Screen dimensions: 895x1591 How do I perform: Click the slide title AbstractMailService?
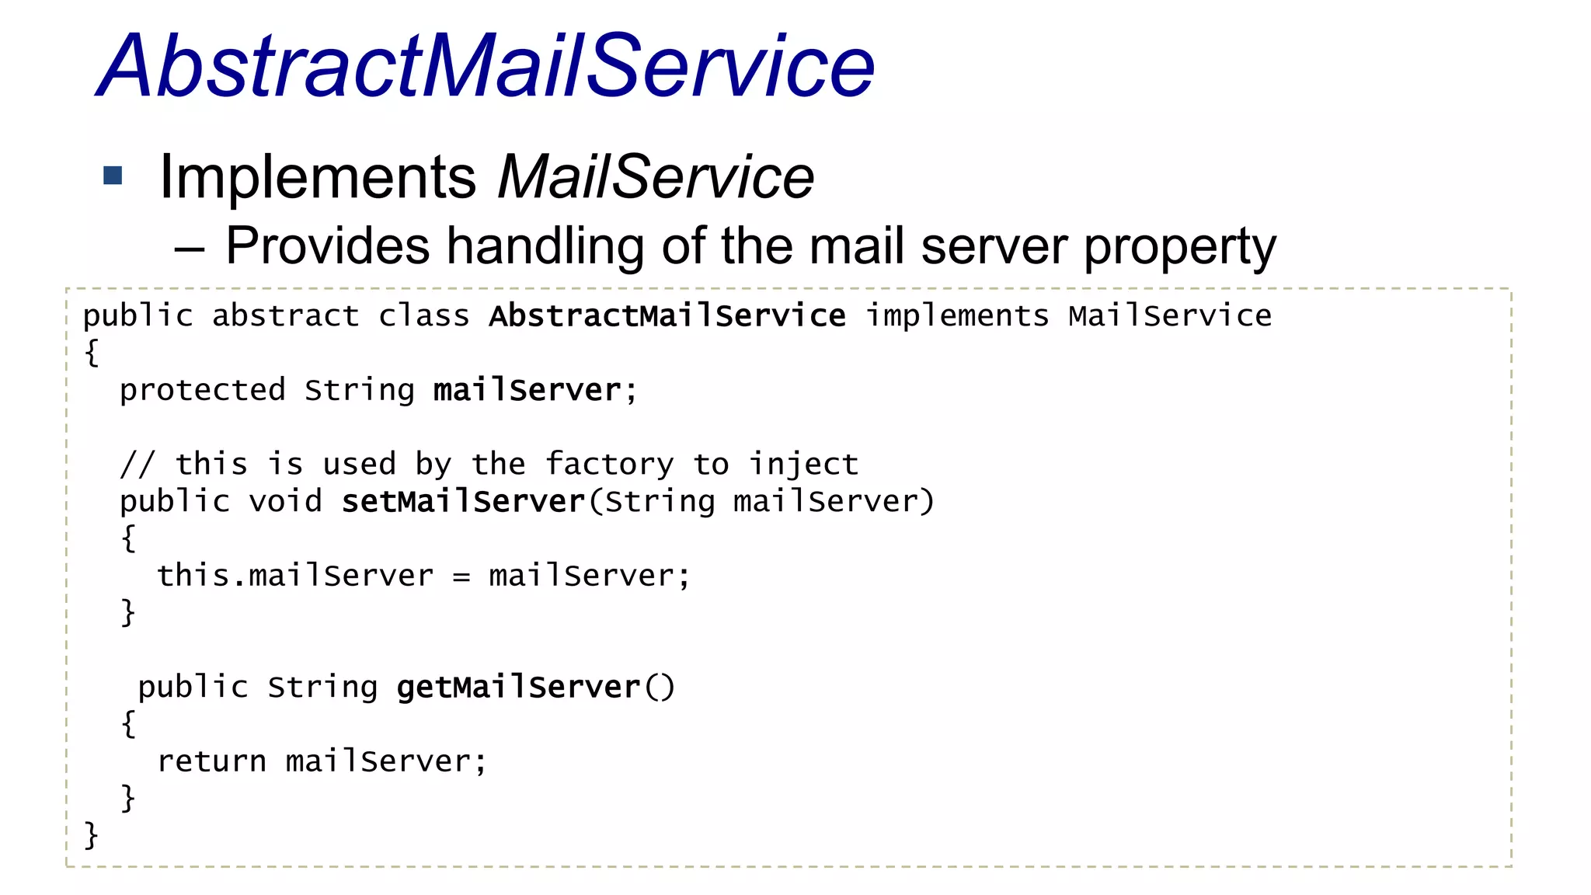pyautogui.click(x=486, y=67)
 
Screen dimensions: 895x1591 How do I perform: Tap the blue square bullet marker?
pyautogui.click(x=113, y=176)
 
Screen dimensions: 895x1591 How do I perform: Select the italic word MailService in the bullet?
pyautogui.click(x=655, y=177)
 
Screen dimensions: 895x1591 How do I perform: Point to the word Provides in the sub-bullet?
pyautogui.click(x=327, y=246)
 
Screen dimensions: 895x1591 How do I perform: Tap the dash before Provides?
pyautogui.click(x=189, y=249)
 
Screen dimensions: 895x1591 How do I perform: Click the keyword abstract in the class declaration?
pyautogui.click(x=285, y=316)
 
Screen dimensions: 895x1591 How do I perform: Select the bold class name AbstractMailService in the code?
pyautogui.click(x=667, y=316)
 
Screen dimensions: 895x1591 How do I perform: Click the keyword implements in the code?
pyautogui.click(x=957, y=316)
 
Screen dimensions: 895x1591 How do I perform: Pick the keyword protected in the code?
pyautogui.click(x=202, y=390)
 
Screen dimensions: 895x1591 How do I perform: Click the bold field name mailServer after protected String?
pyautogui.click(x=527, y=390)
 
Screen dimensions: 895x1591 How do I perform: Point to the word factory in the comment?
pyautogui.click(x=609, y=465)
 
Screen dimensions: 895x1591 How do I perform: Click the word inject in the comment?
pyautogui.click(x=803, y=465)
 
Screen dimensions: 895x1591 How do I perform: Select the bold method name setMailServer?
pyautogui.click(x=463, y=502)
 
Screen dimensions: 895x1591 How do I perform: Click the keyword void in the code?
pyautogui.click(x=285, y=502)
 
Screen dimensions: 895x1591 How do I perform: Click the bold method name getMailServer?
pyautogui.click(x=517, y=688)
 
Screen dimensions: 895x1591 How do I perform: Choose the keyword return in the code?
pyautogui.click(x=211, y=761)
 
